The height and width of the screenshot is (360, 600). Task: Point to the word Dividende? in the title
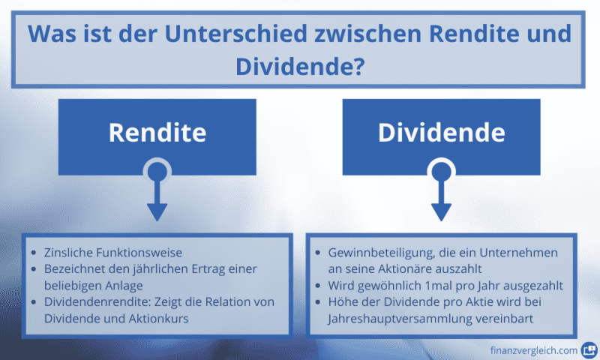300,65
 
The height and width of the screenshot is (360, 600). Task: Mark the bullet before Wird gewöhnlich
320,286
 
